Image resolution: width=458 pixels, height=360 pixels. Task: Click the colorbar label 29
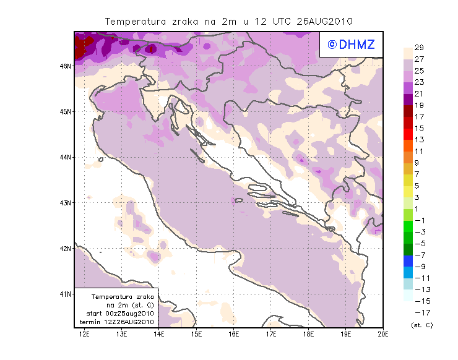(419, 48)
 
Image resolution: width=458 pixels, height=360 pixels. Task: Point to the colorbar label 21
(419, 93)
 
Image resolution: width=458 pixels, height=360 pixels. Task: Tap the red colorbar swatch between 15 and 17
(408, 122)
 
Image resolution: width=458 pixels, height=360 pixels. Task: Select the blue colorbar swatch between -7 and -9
(408, 260)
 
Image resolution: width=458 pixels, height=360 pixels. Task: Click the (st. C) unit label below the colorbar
(421, 325)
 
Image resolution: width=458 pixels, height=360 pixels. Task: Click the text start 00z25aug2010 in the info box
(119, 314)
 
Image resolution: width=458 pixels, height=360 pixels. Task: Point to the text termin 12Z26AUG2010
(119, 322)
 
